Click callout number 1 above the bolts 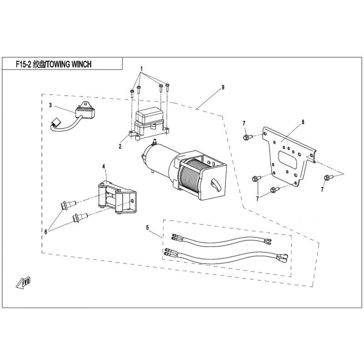pyautogui.click(x=142, y=69)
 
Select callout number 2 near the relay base pyautogui.click(x=120, y=147)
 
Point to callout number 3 pyautogui.click(x=51, y=105)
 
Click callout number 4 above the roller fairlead pyautogui.click(x=104, y=167)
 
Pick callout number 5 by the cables pyautogui.click(x=147, y=227)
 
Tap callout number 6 pyautogui.click(x=46, y=232)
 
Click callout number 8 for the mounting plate pyautogui.click(x=303, y=122)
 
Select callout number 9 pyautogui.click(x=223, y=87)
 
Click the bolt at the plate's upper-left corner pyautogui.click(x=246, y=137)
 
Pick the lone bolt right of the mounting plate pyautogui.click(x=328, y=177)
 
